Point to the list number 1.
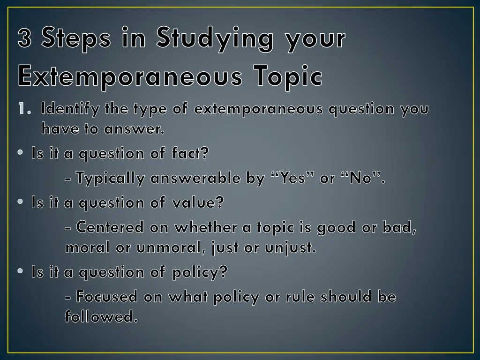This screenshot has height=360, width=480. pos(23,109)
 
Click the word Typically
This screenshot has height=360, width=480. pos(110,178)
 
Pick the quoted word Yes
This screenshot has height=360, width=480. pos(293,178)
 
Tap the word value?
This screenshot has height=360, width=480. pos(198,202)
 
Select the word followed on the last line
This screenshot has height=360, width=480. pos(101,317)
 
